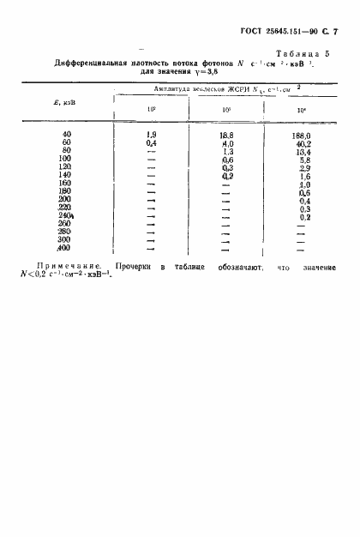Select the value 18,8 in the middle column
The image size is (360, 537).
[226, 136]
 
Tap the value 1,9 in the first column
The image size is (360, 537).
[152, 136]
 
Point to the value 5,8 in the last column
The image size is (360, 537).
[302, 160]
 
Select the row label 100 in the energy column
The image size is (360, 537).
[65, 160]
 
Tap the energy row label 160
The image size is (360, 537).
[65, 184]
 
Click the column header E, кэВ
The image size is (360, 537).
[63, 105]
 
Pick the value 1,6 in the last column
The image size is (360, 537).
[302, 176]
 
